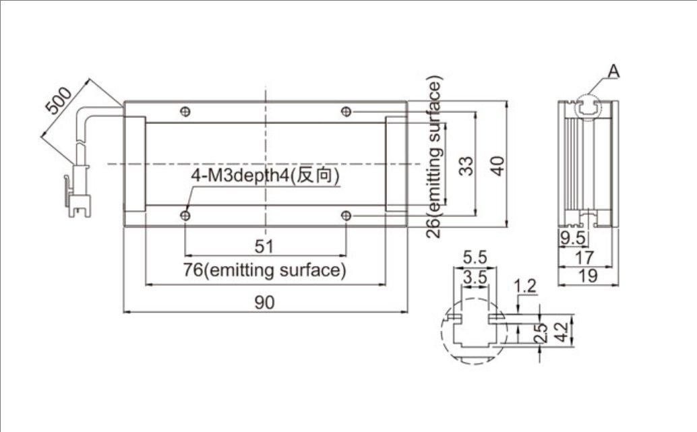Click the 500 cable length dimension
59,102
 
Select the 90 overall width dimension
266,303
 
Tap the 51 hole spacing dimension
265,247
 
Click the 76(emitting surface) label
266,271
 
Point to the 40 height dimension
497,165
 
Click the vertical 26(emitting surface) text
435,158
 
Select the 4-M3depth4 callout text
266,176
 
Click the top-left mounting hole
187,111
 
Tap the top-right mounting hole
346,111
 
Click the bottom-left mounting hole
186,215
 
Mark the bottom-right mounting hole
346,215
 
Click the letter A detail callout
613,70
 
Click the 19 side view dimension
588,276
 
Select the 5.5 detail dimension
476,257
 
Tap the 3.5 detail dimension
476,276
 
